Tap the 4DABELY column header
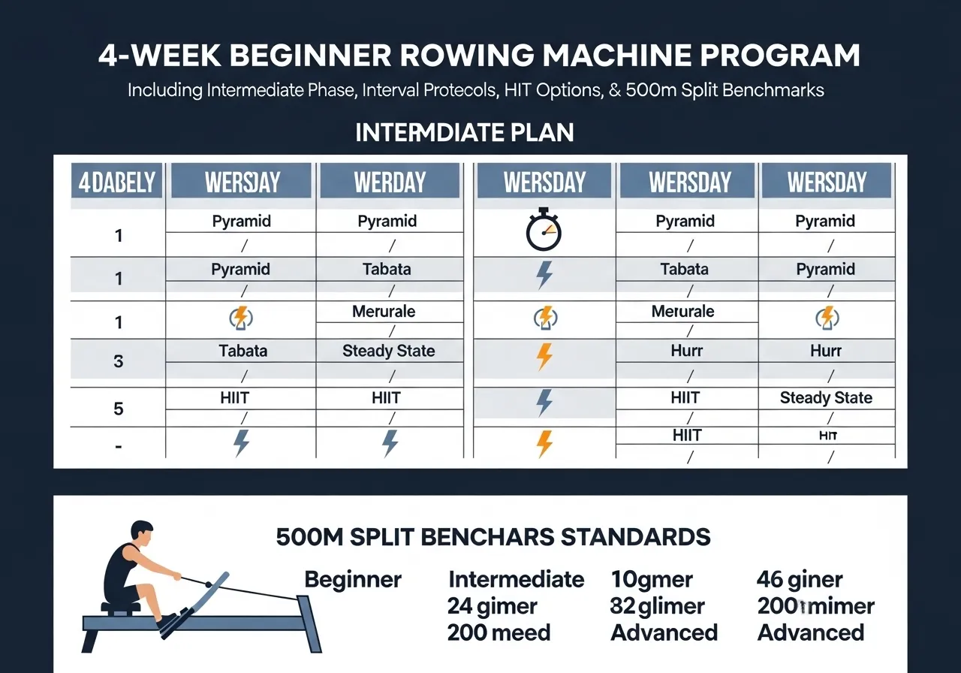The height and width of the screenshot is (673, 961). [x=117, y=183]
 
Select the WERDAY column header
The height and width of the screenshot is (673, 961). [x=390, y=183]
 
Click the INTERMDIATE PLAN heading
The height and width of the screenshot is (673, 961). [x=464, y=133]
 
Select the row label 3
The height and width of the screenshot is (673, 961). [x=118, y=361]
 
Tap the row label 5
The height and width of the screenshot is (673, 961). [x=118, y=409]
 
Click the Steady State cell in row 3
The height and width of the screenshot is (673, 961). [x=389, y=351]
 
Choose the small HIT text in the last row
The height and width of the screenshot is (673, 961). [x=826, y=436]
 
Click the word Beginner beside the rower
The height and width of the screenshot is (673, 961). [x=353, y=580]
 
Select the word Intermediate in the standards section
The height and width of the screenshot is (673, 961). [x=516, y=580]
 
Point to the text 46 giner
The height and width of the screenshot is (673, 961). [x=800, y=580]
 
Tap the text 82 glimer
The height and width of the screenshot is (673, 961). [x=658, y=606]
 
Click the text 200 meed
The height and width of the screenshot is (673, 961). [x=499, y=632]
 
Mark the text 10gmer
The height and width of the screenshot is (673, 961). [x=652, y=580]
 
